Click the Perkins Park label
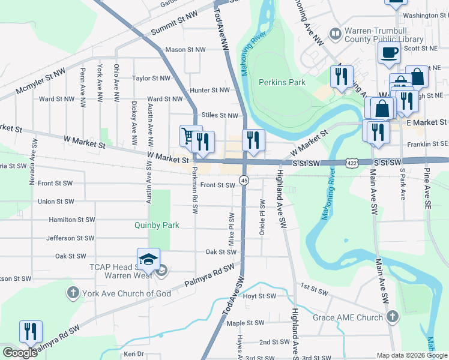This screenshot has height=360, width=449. tap(282, 82)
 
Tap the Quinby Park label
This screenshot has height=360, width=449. tap(157, 226)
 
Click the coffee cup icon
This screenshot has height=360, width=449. tap(389, 52)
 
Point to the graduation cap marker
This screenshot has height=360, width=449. tap(148, 259)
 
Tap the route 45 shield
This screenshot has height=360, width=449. tap(244, 180)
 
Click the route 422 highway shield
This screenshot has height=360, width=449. tap(352, 163)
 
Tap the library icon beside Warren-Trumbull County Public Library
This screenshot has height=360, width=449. tap(335, 34)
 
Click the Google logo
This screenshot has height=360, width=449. tap(20, 353)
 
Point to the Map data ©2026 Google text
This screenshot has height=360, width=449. tap(412, 355)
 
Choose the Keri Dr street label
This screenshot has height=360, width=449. tap(134, 354)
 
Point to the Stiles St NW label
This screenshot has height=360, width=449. tap(220, 115)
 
